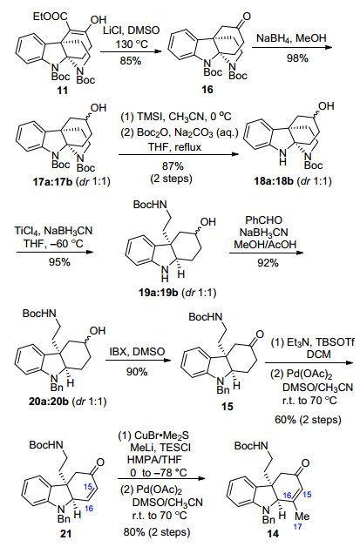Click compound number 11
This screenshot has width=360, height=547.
pos(63,90)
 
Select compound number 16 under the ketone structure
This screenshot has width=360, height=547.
pos(207,90)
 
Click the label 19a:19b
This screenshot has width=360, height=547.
pos(158,292)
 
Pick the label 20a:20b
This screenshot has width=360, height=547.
pos(49,402)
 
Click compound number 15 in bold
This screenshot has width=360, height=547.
pos(228,407)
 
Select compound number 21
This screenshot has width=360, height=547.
pos(65,533)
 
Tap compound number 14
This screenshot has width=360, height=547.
pos(273,533)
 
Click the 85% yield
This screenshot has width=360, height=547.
pos(131,61)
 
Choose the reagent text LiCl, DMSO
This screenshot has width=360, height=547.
pos(132,30)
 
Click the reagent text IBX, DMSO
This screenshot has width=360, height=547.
pos(137,351)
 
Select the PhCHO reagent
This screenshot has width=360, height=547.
pos(263,220)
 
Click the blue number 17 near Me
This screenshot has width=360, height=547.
pos(297,527)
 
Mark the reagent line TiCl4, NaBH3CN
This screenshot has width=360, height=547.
pos(53,231)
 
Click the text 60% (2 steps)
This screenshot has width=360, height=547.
pos(308,419)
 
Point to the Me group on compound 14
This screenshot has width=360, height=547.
pos(302,516)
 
